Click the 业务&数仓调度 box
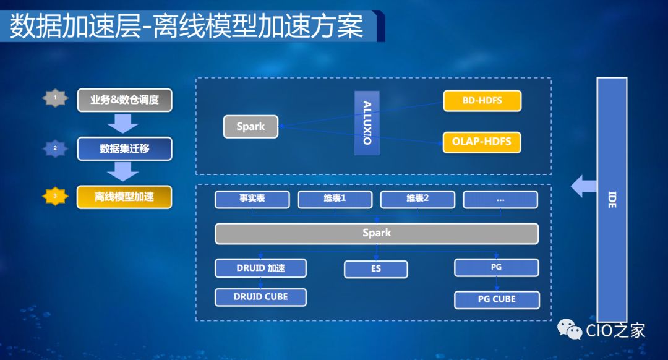coord(124,100)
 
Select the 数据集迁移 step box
coord(124,148)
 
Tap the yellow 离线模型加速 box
coord(124,197)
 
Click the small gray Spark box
coord(250,127)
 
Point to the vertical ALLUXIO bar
coord(367,122)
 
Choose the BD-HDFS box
coord(482,100)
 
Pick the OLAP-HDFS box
coord(482,142)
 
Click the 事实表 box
coord(252,199)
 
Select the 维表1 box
coord(335,199)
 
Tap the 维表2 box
coord(417,199)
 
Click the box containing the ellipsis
coord(500,199)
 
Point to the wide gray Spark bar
coord(377,233)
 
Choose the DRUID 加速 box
coord(261,268)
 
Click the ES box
coord(376,269)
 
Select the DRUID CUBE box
coord(261,296)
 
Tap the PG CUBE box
coord(497,299)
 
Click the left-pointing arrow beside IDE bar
coord(583,186)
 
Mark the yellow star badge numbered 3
coord(55,197)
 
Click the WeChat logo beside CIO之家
coord(570,330)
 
